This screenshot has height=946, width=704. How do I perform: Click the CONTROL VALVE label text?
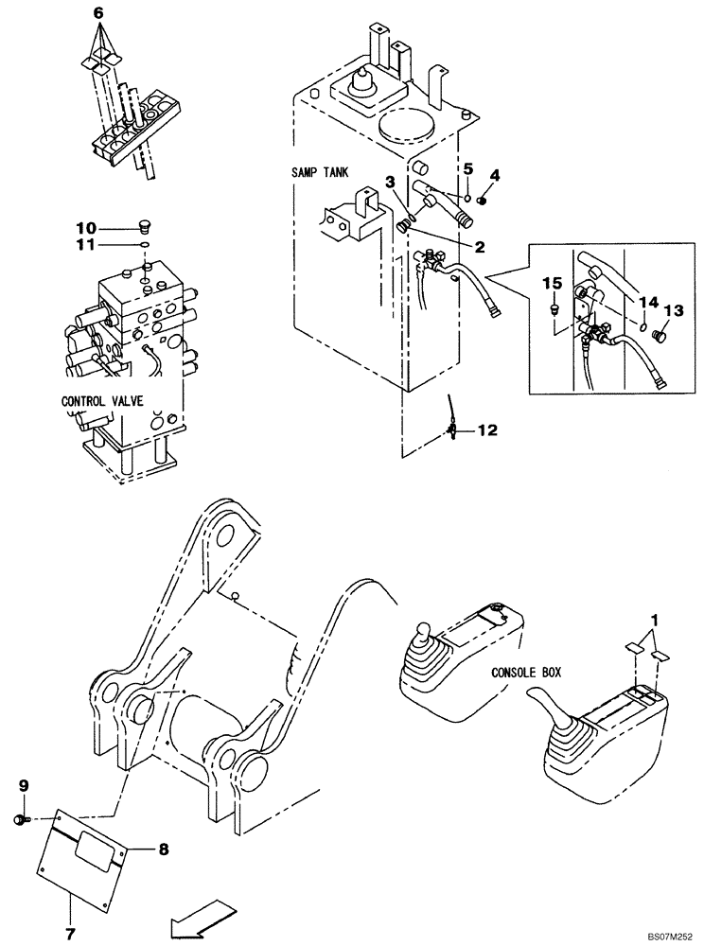pos(102,401)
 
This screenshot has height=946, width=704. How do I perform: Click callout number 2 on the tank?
pos(481,248)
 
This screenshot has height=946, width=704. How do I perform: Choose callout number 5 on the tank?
pos(466,169)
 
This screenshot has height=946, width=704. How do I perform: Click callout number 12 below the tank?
pos(486,429)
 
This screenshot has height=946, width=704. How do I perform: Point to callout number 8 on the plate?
pos(163,850)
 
